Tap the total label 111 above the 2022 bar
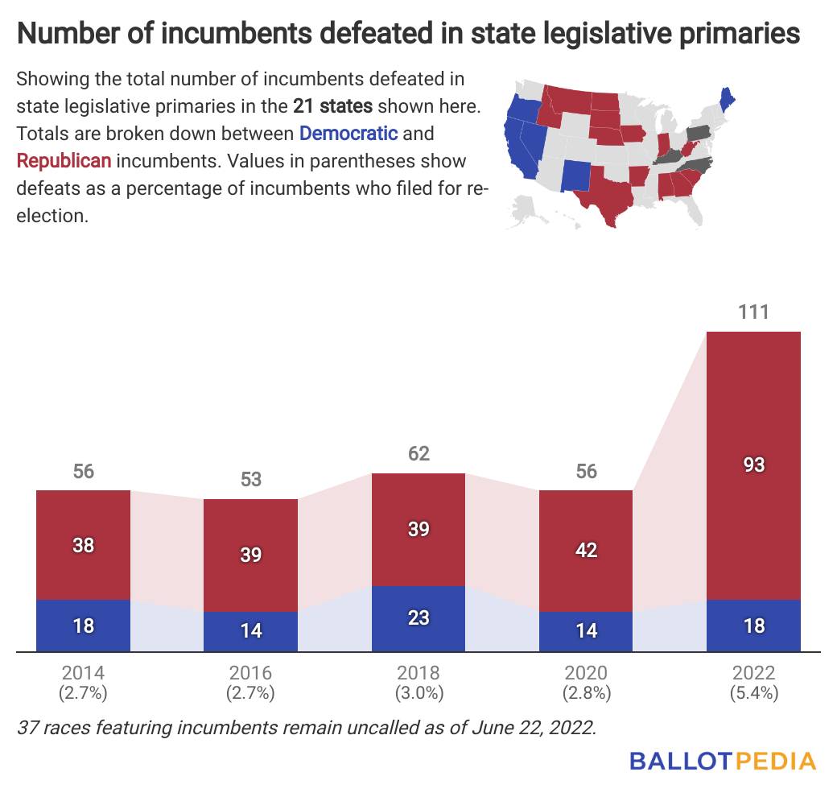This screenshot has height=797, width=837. (754, 312)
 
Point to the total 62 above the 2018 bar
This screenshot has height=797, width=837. (418, 453)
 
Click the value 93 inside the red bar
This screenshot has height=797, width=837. (754, 465)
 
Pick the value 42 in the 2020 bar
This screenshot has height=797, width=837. (586, 550)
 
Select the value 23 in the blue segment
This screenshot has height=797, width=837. (418, 617)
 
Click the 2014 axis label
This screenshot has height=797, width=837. (83, 673)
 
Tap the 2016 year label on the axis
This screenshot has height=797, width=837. (251, 673)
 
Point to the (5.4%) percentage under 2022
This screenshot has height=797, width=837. (754, 693)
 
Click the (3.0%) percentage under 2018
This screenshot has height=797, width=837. (418, 693)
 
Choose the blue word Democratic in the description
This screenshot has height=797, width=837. (348, 133)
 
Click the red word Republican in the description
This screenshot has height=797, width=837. (64, 160)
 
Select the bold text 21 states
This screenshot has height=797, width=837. (332, 106)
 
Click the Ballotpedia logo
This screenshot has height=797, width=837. (722, 761)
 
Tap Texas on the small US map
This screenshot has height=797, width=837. (611, 197)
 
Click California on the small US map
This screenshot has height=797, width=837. (520, 149)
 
